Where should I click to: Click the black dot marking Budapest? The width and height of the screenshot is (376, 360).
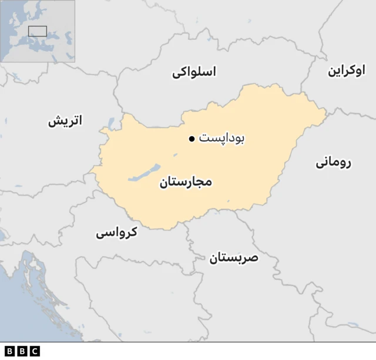pyautogui.click(x=192, y=139)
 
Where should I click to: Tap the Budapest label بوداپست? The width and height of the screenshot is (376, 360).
pyautogui.click(x=221, y=139)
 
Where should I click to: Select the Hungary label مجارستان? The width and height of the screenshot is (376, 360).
pyautogui.click(x=185, y=182)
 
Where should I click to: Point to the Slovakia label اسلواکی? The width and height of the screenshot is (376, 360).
pyautogui.click(x=194, y=72)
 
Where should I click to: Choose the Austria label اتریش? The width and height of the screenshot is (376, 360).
pyautogui.click(x=65, y=121)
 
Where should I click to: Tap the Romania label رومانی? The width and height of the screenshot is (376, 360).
pyautogui.click(x=333, y=162)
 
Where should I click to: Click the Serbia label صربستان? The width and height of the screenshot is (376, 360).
pyautogui.click(x=233, y=257)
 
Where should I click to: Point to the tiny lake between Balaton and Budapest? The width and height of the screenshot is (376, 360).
pyautogui.click(x=175, y=156)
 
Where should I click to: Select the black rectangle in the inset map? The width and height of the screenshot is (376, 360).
pyautogui.click(x=38, y=31)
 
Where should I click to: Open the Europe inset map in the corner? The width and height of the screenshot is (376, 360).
pyautogui.click(x=38, y=31)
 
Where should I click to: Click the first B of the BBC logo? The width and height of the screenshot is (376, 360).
pyautogui.click(x=9, y=351)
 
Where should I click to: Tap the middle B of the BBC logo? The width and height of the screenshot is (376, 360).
pyautogui.click(x=22, y=351)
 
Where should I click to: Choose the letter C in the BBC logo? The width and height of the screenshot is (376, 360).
pyautogui.click(x=35, y=351)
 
